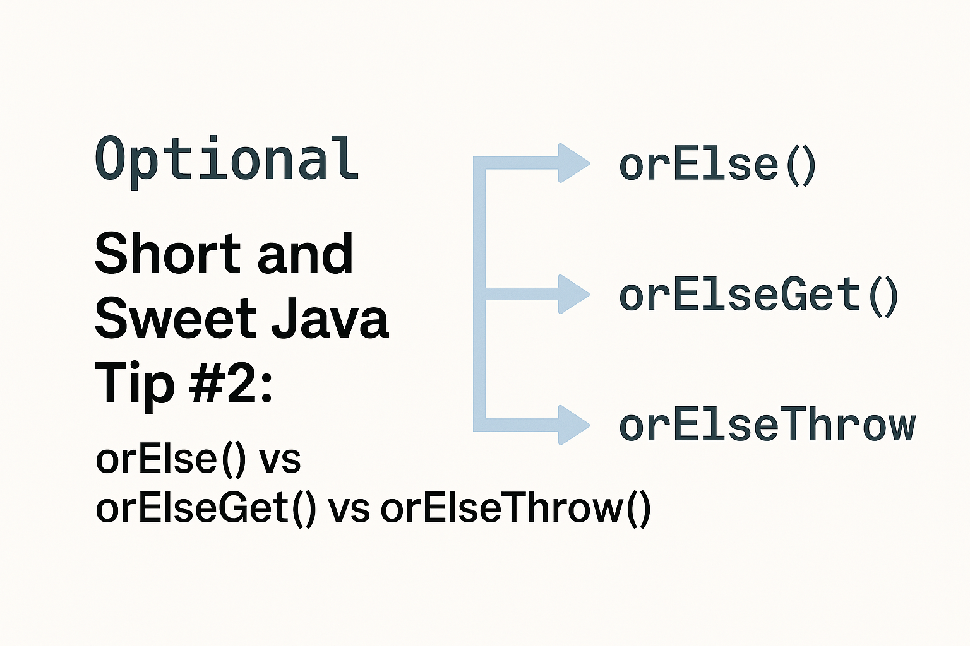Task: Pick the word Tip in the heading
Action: [134, 384]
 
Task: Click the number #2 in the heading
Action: [230, 384]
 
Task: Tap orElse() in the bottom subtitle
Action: [171, 459]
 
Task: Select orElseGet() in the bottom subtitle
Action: [205, 508]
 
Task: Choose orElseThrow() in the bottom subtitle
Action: [515, 508]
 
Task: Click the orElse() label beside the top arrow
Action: [717, 165]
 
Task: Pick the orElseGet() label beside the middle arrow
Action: [758, 296]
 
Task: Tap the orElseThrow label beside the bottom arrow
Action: [767, 426]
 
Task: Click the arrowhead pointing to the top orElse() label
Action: [572, 163]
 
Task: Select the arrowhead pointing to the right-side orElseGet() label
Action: [572, 294]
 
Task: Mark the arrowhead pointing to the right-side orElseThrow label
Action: [572, 425]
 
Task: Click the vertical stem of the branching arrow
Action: [479, 353]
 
